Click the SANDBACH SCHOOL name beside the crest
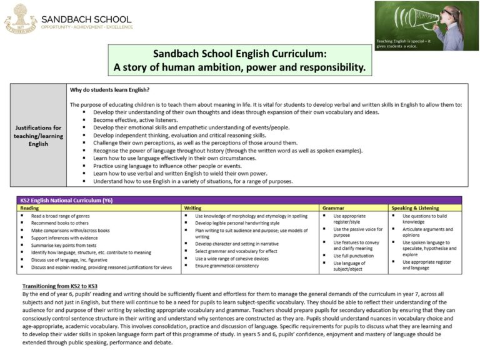pyautogui.click(x=87, y=19)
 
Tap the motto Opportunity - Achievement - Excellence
pyautogui.click(x=87, y=27)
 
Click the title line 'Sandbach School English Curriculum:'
pyautogui.click(x=240, y=54)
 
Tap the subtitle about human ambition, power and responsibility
pyautogui.click(x=240, y=67)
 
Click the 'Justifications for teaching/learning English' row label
pyautogui.click(x=38, y=135)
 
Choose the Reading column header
pyautogui.click(x=30, y=207)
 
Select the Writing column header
pyautogui.click(x=192, y=207)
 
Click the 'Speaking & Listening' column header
pyautogui.click(x=414, y=207)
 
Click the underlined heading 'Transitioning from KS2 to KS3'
pyautogui.click(x=65, y=286)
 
